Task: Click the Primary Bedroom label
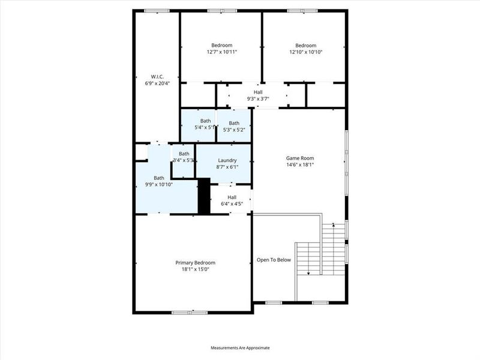195,263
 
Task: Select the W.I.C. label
157,76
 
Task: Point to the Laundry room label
227,160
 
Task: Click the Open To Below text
274,260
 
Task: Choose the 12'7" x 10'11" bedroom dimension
221,52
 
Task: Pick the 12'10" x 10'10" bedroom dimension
305,52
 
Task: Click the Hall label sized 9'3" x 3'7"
258,92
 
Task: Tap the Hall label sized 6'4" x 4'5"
232,197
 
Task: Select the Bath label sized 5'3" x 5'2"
233,123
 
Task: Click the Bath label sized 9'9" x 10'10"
158,178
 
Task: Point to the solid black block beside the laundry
204,196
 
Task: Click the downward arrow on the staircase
308,273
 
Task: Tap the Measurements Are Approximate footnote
240,347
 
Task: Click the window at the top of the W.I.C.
156,10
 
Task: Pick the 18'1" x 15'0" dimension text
195,269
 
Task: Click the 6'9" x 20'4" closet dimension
157,83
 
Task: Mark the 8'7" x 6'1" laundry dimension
227,167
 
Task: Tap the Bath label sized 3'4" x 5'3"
184,154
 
